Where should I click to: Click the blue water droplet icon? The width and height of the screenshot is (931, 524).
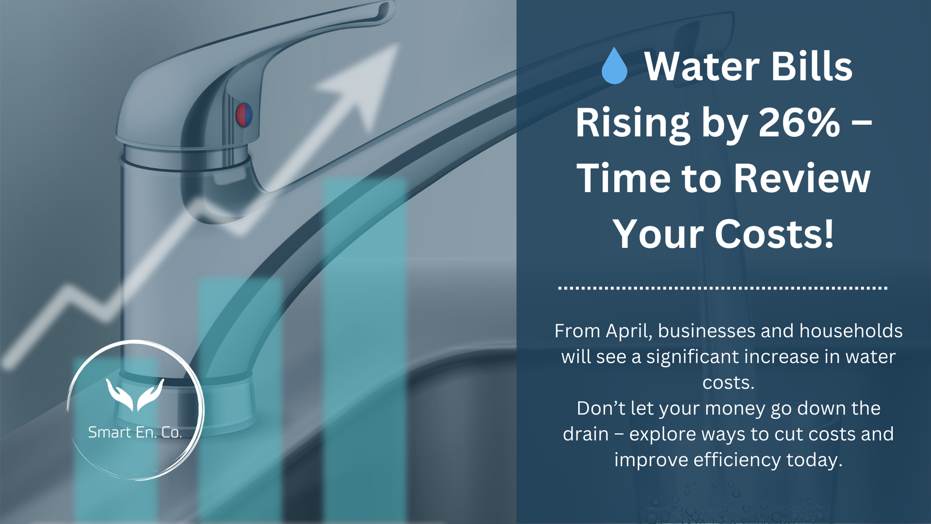coord(614,67)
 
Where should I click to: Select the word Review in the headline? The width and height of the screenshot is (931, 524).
coord(802,179)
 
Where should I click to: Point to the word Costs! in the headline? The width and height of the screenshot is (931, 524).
coord(774,234)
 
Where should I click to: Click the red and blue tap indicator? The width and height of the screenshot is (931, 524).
coord(244,115)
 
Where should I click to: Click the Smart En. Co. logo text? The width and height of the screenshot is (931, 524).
coord(135,432)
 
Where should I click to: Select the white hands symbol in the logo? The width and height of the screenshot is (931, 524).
coord(135,394)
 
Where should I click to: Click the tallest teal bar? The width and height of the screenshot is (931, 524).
coord(365,340)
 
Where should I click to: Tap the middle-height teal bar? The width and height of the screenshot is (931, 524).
coord(240,398)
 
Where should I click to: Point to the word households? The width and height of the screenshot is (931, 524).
coord(851,331)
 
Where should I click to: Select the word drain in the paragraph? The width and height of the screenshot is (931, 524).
coord(585,434)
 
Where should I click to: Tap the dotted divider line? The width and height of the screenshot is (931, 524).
coord(722,288)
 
